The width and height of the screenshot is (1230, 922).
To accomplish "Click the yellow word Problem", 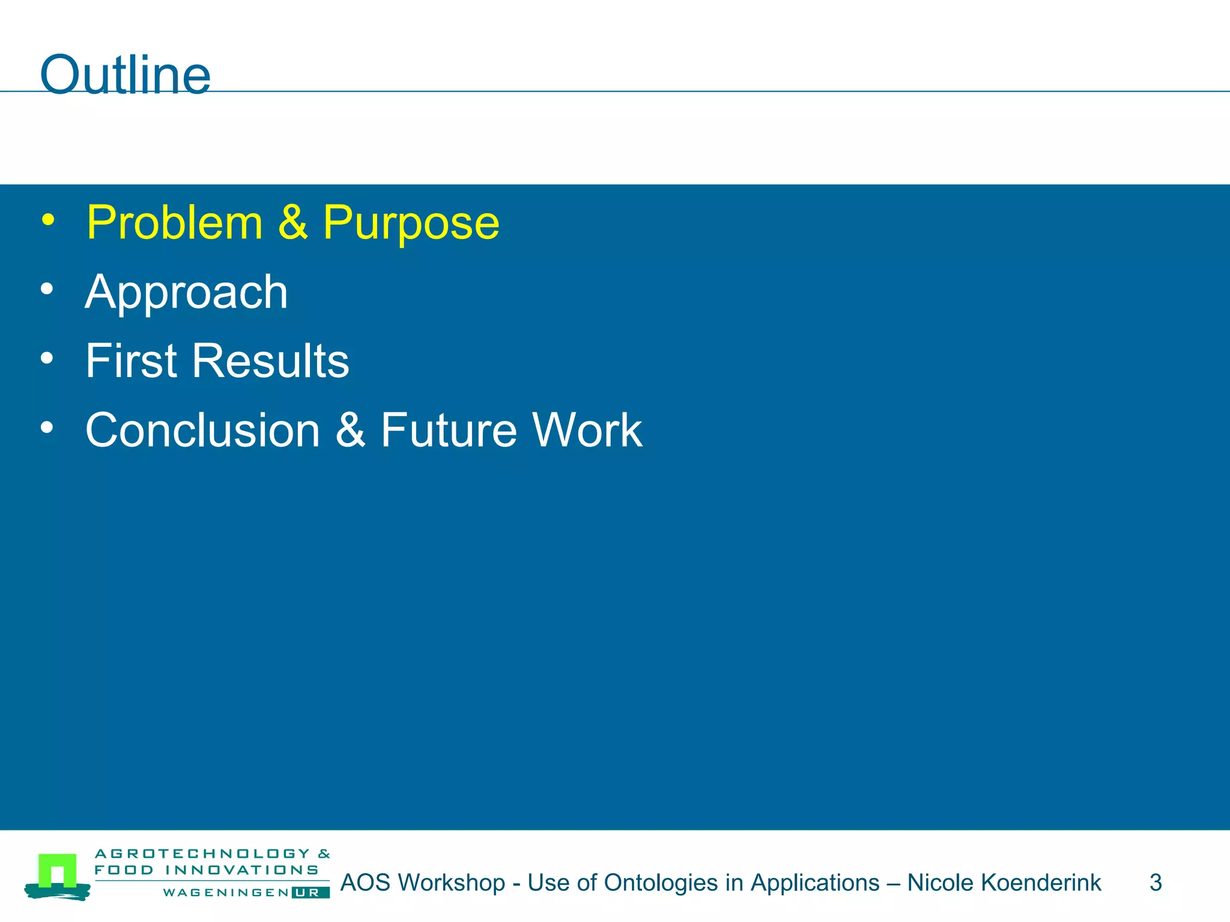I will (x=175, y=223).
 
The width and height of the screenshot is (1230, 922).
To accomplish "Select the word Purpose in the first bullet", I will (x=411, y=223).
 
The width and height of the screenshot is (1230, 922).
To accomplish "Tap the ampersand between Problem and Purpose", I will (x=292, y=223).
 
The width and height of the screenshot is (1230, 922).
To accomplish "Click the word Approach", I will (x=186, y=292).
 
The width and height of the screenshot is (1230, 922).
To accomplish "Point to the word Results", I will (x=270, y=361).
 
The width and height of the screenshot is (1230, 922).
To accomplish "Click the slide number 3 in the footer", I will (x=1156, y=882).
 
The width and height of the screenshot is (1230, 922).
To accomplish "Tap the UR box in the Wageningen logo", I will (x=311, y=893).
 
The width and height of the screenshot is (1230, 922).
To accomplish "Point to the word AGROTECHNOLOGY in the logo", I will (x=202, y=854).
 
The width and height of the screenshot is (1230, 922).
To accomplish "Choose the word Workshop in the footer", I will (x=451, y=882).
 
